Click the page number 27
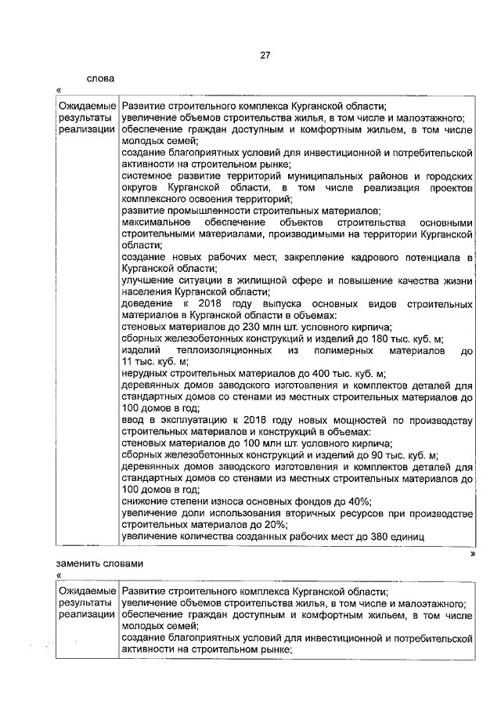[x=265, y=55]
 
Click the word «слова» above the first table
[x=100, y=78]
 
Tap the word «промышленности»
[x=211, y=210]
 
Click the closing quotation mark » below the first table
[x=473, y=553]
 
